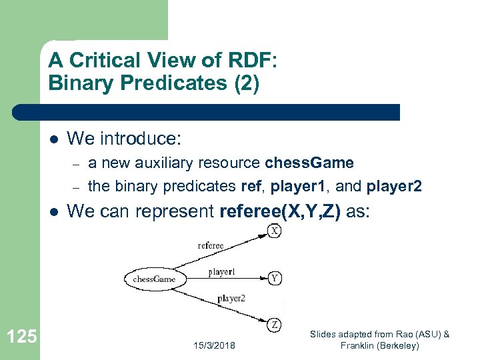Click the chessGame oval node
point(154,279)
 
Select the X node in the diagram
point(275,230)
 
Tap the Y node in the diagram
point(274,278)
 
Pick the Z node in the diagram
point(275,325)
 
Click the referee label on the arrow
point(211,245)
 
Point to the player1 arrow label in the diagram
point(221,272)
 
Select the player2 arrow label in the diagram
point(231,299)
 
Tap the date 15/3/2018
point(213,345)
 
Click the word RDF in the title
point(247,61)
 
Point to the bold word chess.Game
point(309,163)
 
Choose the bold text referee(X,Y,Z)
point(280,211)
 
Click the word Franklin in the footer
point(360,345)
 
